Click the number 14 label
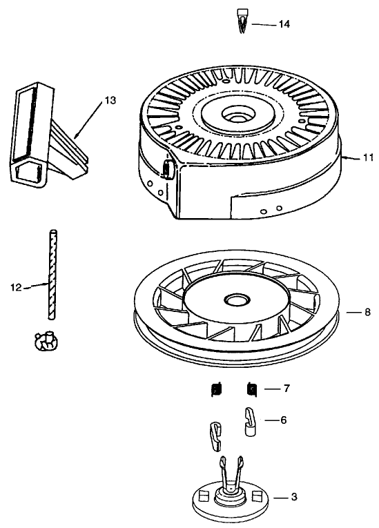tap(284, 23)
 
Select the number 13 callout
tap(110, 101)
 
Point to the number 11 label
tap(368, 157)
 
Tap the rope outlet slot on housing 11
tap(166, 168)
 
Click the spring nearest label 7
tap(253, 390)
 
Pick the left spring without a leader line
tap(215, 390)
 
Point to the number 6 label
tap(283, 419)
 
